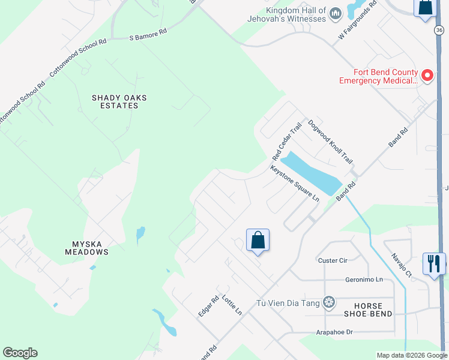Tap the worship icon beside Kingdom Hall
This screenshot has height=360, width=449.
click(x=336, y=13)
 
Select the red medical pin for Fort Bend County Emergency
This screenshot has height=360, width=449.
click(x=427, y=76)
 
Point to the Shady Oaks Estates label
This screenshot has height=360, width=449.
click(x=119, y=101)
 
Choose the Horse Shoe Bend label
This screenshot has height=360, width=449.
click(x=369, y=310)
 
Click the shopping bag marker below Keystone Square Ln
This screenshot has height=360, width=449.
click(x=258, y=240)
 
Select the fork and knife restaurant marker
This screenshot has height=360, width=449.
click(x=433, y=263)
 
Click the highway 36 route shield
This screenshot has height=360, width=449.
click(x=439, y=29)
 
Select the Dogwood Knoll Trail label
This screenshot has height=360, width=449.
click(x=330, y=142)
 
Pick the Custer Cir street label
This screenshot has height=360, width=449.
click(x=333, y=260)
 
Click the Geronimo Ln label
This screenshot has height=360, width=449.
click(x=364, y=280)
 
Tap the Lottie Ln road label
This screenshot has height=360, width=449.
click(x=232, y=305)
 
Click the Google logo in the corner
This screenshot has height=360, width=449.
click(x=20, y=353)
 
